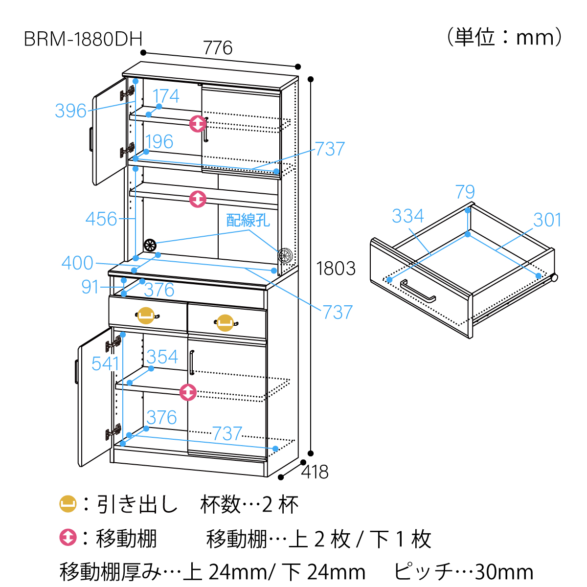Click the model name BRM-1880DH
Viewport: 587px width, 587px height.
[83, 39]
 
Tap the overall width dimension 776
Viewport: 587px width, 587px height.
[218, 48]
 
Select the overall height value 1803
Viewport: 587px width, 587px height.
[336, 269]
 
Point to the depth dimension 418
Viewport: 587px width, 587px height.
[315, 472]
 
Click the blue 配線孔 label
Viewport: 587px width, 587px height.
[248, 221]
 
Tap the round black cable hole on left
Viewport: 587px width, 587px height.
[150, 244]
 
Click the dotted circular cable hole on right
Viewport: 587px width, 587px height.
[285, 255]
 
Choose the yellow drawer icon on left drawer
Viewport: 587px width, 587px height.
[146, 316]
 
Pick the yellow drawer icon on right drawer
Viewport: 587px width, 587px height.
[225, 323]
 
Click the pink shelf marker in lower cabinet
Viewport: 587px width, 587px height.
[188, 392]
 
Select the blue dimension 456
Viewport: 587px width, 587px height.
[101, 219]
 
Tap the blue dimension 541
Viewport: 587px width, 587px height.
[105, 363]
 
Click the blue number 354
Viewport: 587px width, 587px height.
[162, 357]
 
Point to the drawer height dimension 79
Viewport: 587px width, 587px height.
[465, 192]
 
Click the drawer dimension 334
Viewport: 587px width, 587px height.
[407, 216]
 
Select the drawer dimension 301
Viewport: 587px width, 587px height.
[547, 220]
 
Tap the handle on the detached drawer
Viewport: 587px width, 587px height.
[418, 292]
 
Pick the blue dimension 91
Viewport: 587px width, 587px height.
[90, 287]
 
